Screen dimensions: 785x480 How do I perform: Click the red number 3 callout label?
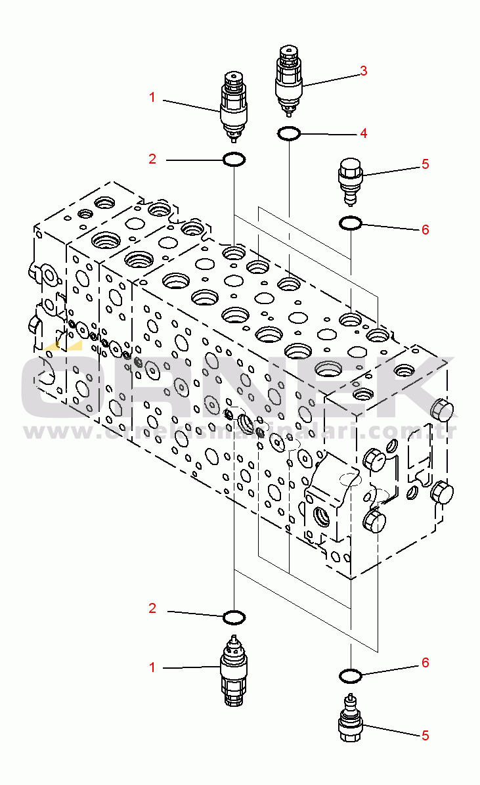(x=363, y=71)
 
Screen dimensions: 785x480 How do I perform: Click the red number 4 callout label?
(x=363, y=133)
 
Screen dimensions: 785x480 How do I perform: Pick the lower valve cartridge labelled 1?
(x=234, y=671)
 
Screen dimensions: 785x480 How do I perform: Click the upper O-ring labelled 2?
(x=234, y=159)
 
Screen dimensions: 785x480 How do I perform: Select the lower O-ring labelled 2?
(x=234, y=617)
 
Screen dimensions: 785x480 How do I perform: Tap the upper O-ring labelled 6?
(x=350, y=224)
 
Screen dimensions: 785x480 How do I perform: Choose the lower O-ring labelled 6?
(x=350, y=675)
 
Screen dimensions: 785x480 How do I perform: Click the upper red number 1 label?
(x=152, y=98)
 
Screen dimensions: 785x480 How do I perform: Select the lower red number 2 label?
(x=152, y=609)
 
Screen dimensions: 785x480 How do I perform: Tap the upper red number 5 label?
(x=425, y=164)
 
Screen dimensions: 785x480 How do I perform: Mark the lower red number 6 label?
(x=425, y=663)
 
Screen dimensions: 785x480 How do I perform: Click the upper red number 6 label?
(x=425, y=229)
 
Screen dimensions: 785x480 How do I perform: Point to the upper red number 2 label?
(x=152, y=159)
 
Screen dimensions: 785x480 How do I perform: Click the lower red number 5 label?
(x=425, y=735)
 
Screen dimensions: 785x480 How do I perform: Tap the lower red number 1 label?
(x=152, y=667)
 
